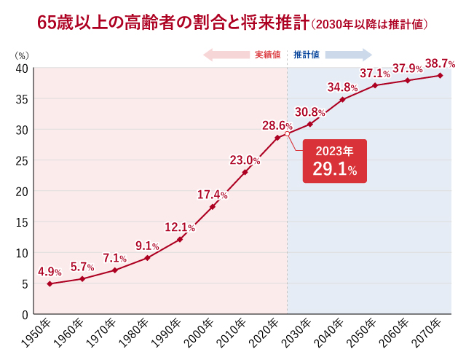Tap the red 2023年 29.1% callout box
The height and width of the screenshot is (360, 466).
333,161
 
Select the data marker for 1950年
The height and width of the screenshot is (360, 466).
50,283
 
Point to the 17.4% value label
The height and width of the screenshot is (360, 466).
213,195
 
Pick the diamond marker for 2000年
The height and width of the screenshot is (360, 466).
213,207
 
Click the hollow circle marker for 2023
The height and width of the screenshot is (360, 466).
287,135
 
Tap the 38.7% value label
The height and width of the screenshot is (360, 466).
440,63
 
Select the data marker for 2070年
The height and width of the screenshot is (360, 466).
440,76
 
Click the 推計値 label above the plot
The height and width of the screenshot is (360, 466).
306,55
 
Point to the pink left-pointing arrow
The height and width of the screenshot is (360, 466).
226,55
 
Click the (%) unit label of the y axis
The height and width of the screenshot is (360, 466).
22,55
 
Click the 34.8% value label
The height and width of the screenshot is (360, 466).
342,87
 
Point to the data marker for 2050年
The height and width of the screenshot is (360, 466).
375,85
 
